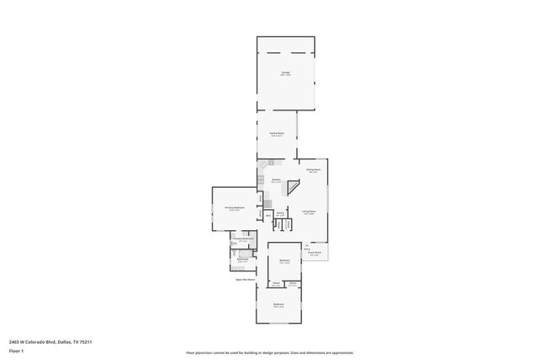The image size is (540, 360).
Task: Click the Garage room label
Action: [285, 73]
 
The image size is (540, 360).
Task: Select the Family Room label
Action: [276, 133]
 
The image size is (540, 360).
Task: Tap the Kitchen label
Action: [276, 179]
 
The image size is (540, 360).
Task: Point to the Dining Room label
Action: [312, 170]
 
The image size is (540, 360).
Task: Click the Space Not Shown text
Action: [246, 279]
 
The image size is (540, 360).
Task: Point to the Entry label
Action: [307, 248]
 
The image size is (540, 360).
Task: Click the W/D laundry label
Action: [268, 216]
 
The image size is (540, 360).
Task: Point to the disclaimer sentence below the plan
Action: [269, 353]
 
